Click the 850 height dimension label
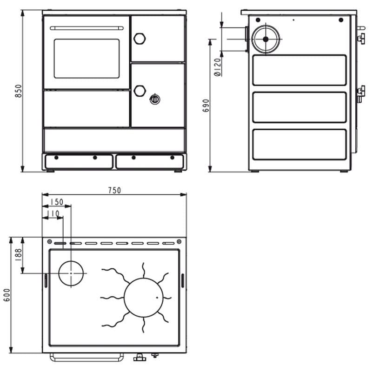pyautogui.click(x=18, y=91)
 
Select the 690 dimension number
pyautogui.click(x=206, y=106)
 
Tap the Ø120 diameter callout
pyautogui.click(x=218, y=67)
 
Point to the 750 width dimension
pyautogui.click(x=114, y=190)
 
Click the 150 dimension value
pyautogui.click(x=57, y=202)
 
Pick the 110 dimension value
pyautogui.click(x=53, y=213)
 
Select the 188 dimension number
pyautogui.click(x=18, y=255)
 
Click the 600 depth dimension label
pyautogui.click(x=7, y=295)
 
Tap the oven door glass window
pyautogui.click(x=86, y=59)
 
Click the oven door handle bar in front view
pyautogui.click(x=86, y=28)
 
